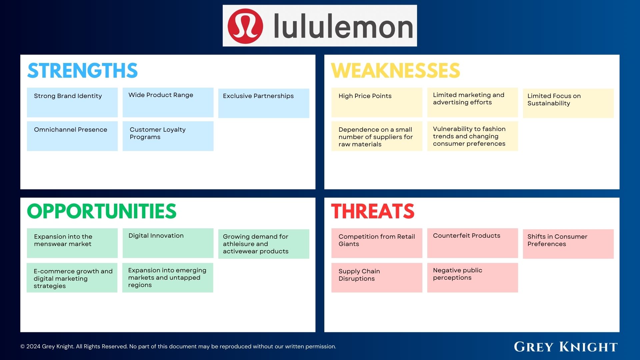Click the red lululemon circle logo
pos(245,26)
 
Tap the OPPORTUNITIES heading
pos(102,211)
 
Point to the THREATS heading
pos(373,211)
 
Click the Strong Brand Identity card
pos(72,102)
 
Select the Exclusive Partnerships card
pos(264,103)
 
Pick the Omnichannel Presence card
pos(72,136)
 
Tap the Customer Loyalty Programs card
pos(168,136)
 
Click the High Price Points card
pos(377,102)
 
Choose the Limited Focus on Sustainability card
pos(568,103)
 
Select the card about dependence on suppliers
pos(377,136)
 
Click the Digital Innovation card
pos(168,243)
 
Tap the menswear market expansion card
pos(72,243)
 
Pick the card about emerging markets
pos(168,278)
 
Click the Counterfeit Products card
pos(472,243)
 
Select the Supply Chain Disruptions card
pos(377,278)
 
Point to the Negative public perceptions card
pos(472,278)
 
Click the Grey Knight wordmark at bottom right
pos(566,347)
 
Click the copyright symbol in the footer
pos(23,347)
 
